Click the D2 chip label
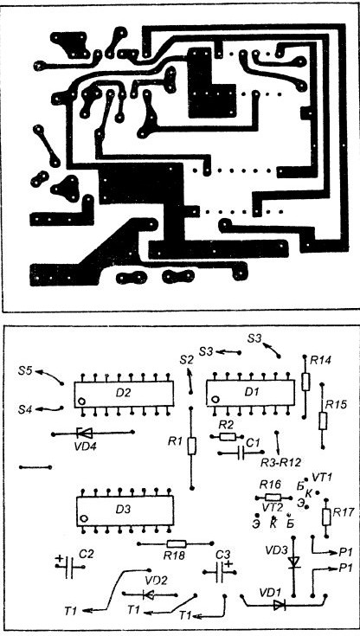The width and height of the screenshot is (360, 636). tap(123, 393)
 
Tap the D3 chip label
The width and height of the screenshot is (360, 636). tap(124, 510)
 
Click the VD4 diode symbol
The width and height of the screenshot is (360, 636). tap(85, 434)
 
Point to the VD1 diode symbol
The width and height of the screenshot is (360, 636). tap(280, 606)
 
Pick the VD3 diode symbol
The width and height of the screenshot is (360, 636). tap(294, 562)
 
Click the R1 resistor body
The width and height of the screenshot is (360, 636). tap(192, 446)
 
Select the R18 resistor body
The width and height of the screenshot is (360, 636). tap(177, 543)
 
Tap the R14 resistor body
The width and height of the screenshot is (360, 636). tap(305, 382)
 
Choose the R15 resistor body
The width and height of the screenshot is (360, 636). tap(323, 421)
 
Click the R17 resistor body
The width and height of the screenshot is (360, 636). tap(326, 517)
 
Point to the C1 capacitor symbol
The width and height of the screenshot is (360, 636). tap(241, 453)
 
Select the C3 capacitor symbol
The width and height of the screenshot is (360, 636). tap(220, 571)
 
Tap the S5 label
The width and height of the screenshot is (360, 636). tap(26, 370)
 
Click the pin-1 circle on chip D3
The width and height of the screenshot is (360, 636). tap(84, 518)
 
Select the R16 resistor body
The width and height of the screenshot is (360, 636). tap(273, 498)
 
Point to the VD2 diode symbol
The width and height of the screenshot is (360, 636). tap(149, 595)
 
